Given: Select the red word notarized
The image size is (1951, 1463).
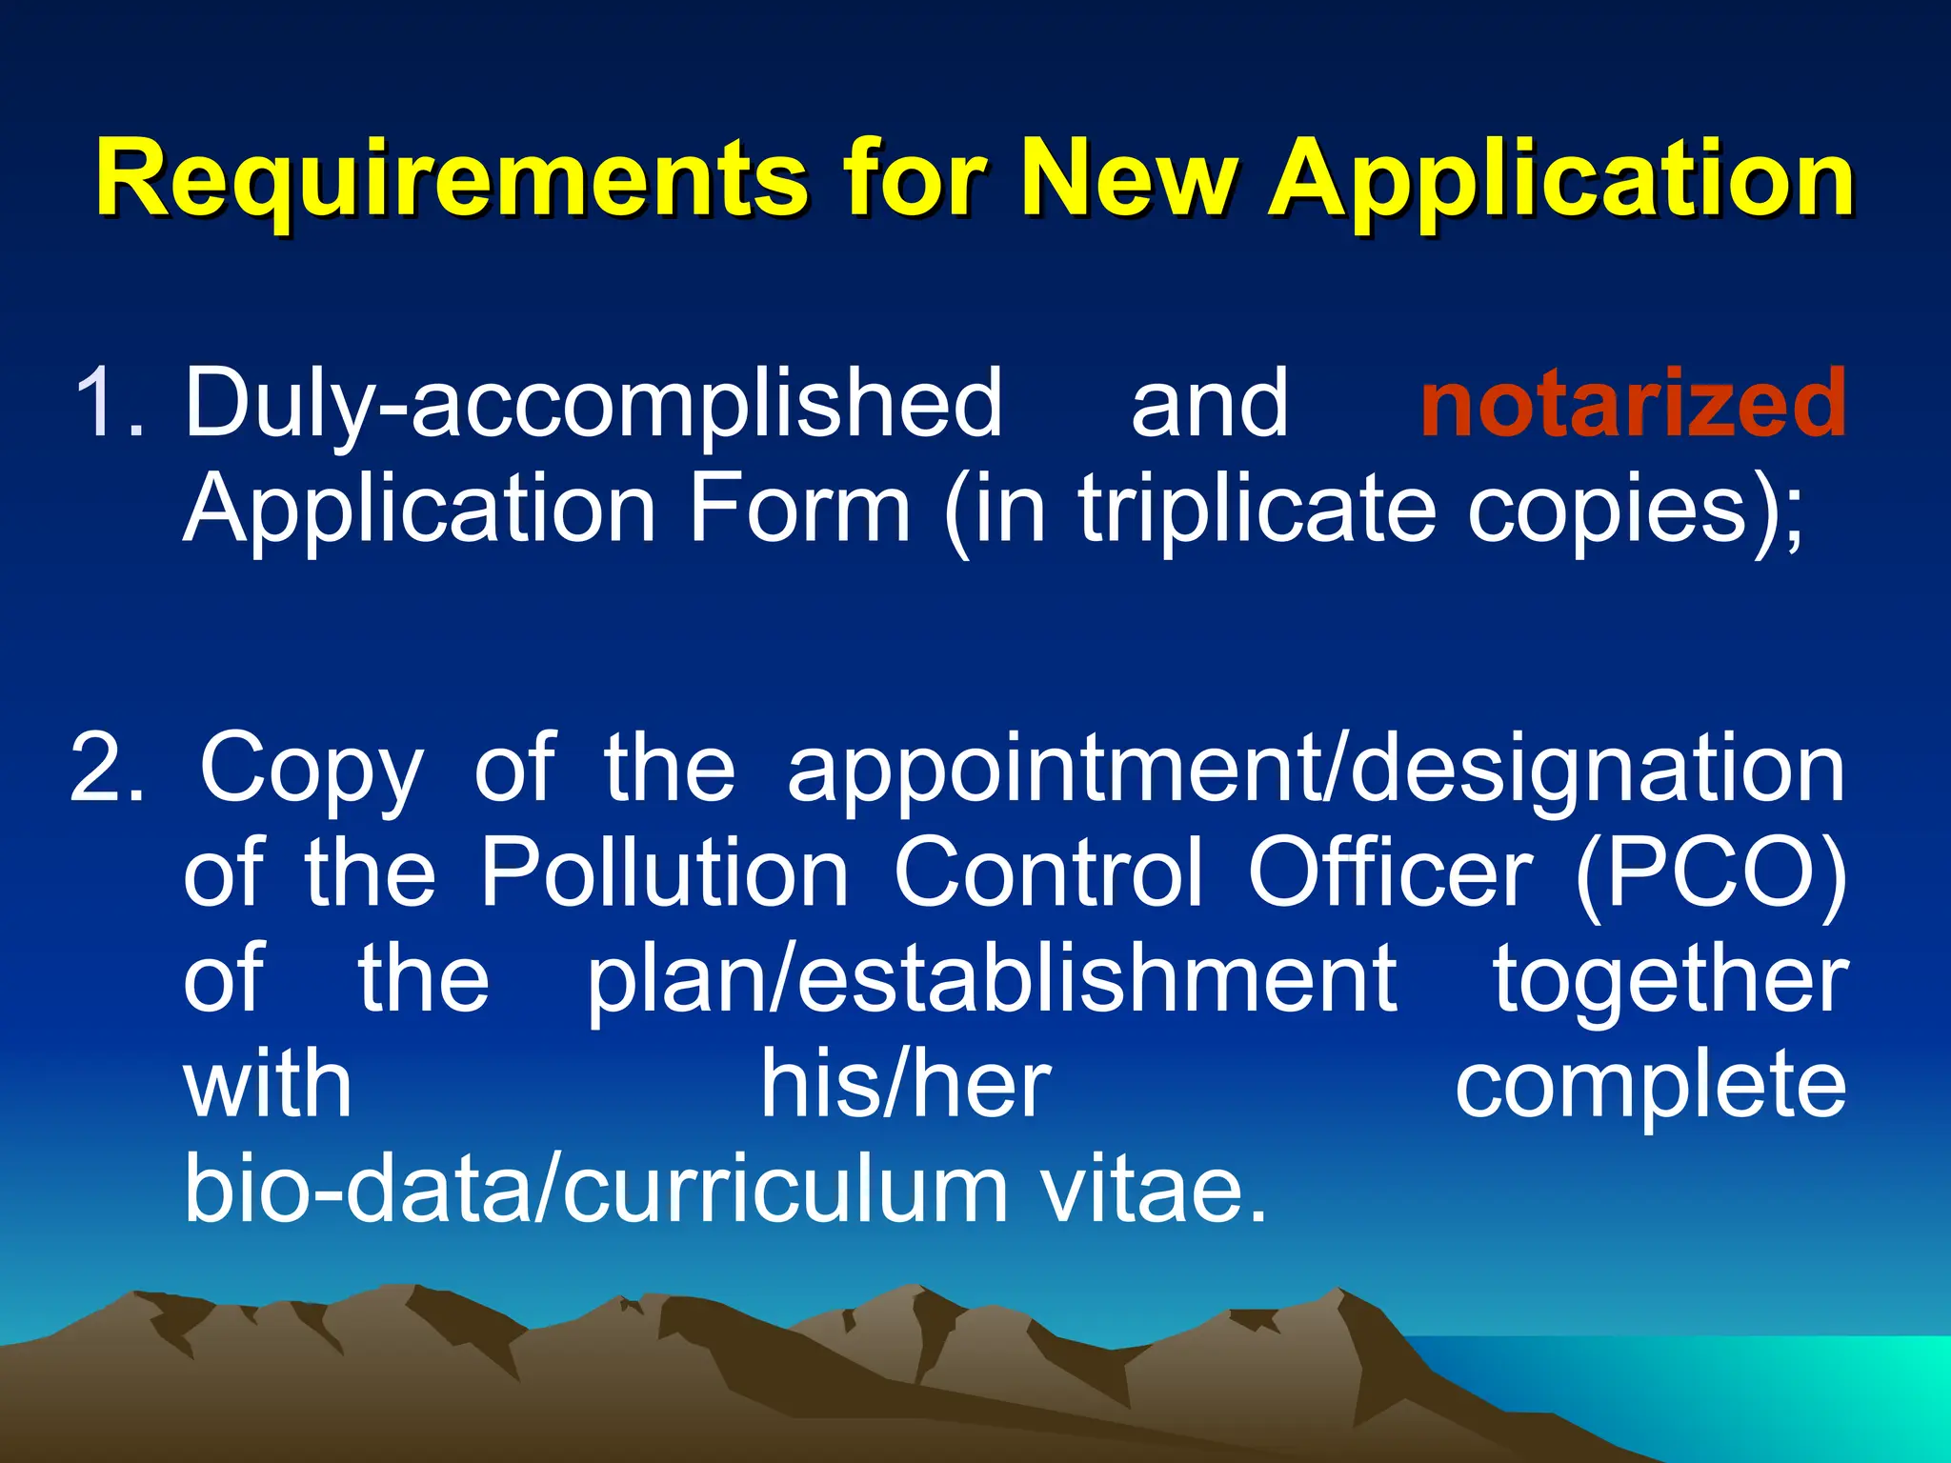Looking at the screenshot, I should pos(1633,404).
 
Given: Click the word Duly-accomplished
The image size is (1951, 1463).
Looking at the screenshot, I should pos(593,404).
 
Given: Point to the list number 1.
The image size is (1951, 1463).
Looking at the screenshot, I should pos(107,404).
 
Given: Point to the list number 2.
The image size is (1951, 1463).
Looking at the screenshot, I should pos(107,768).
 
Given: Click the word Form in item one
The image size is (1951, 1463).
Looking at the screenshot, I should pos(798,509).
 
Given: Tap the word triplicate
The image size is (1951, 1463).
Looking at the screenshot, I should pos(1257,509).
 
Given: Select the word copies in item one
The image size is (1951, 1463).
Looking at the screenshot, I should pos(1610,509).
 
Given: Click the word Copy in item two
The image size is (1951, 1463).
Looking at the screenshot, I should pos(311,768).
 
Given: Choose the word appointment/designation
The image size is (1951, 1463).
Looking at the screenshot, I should pos(1316,768).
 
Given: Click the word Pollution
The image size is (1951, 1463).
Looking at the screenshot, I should pos(664,872).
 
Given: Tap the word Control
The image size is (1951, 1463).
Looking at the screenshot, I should pos(1048,872).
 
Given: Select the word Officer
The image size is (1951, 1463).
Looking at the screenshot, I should pos(1390,872).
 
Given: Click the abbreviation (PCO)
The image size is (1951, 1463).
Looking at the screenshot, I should pos(1710,872).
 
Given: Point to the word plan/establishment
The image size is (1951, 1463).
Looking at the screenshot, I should pos(991,979).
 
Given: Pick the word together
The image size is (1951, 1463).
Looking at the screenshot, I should pos(1670,979).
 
